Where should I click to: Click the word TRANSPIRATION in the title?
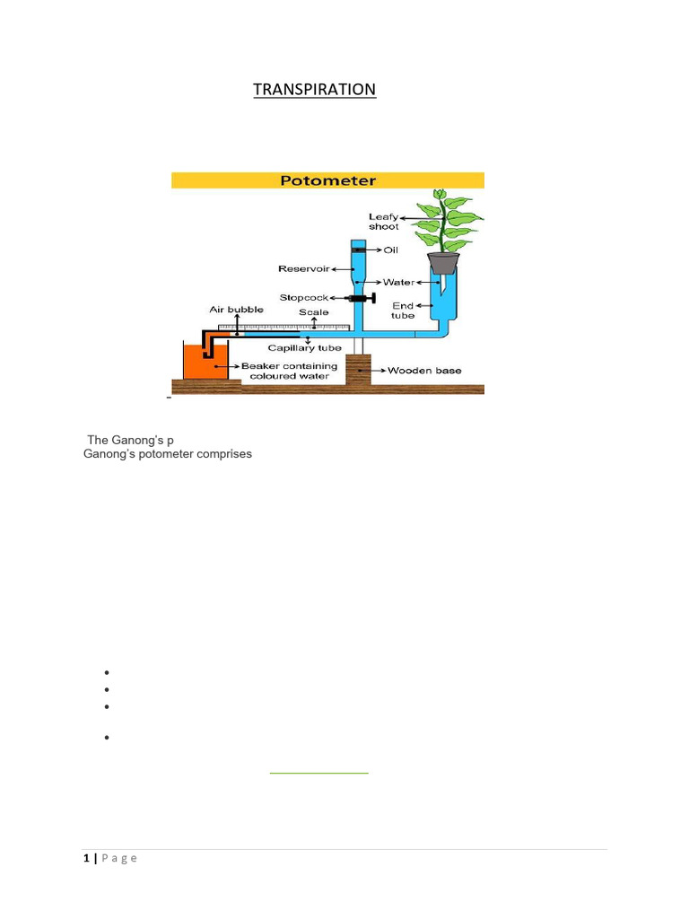(x=314, y=90)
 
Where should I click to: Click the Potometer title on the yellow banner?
(x=328, y=180)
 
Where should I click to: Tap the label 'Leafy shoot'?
(x=383, y=222)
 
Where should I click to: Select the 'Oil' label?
(x=391, y=250)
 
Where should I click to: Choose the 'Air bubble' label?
(x=236, y=310)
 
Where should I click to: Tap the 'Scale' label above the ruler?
(x=314, y=312)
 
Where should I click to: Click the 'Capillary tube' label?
(x=305, y=348)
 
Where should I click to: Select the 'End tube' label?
(x=403, y=311)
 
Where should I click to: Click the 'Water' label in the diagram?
(x=399, y=282)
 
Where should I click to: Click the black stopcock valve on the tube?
(x=362, y=297)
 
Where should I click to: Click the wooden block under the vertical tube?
(x=358, y=369)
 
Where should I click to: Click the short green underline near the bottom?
(x=319, y=772)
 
